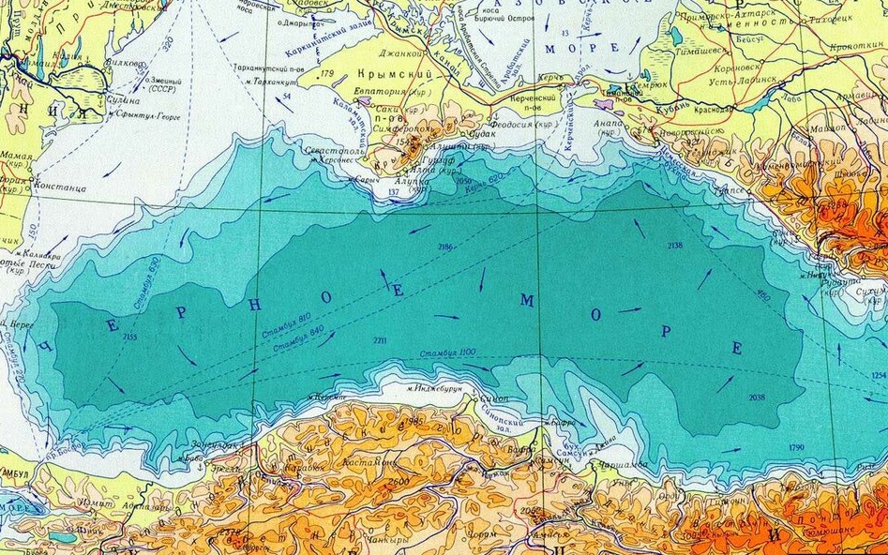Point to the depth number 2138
point(675,245)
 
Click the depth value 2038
point(758,397)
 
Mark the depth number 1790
point(797,446)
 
